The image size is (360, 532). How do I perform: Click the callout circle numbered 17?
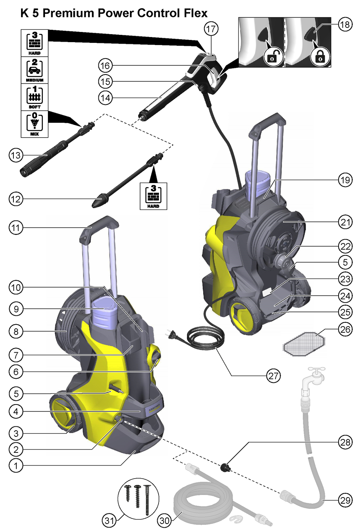tap(211, 29)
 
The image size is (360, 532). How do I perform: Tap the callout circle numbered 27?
tap(273, 376)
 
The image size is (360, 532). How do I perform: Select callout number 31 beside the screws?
tap(109, 521)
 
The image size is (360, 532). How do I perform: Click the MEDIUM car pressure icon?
tap(34, 70)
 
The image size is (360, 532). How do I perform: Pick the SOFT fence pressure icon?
tap(34, 97)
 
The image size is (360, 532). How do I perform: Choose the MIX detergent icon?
tap(34, 124)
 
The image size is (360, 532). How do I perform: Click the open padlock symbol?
tap(272, 57)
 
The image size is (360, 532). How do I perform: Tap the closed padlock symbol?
tap(320, 57)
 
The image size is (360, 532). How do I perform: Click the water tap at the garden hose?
tap(313, 377)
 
